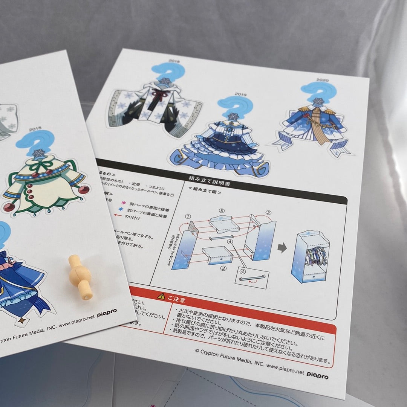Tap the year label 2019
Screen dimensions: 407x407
click(240, 94)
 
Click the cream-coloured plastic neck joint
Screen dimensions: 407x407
click(81, 277)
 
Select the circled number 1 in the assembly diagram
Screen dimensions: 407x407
click(188, 217)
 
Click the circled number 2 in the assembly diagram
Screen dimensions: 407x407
click(268, 212)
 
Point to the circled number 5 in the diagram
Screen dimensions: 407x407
click(222, 210)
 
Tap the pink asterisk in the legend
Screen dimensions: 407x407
click(121, 204)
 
